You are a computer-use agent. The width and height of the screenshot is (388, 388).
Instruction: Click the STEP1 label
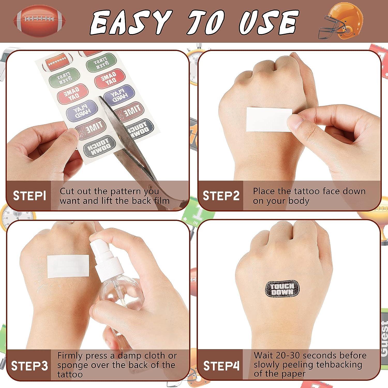tap(29, 196)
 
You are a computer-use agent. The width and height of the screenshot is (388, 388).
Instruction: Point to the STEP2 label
tap(221, 196)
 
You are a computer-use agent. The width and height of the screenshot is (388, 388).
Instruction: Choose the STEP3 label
tap(29, 366)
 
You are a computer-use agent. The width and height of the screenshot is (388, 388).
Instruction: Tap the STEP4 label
tap(221, 366)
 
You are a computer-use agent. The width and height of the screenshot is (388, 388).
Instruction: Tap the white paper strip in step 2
tap(269, 120)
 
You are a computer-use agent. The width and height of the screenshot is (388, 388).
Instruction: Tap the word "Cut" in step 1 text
tap(68, 191)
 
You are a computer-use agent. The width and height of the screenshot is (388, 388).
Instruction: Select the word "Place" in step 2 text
tap(266, 191)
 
